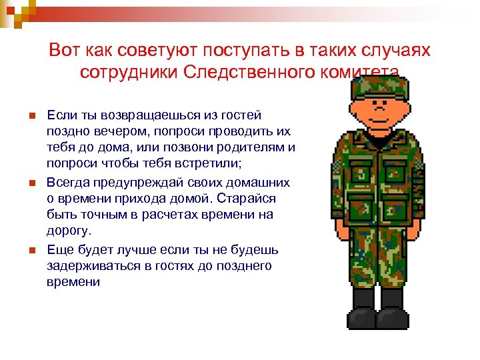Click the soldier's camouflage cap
[x=378, y=85]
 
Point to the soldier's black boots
[x=378, y=310]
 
